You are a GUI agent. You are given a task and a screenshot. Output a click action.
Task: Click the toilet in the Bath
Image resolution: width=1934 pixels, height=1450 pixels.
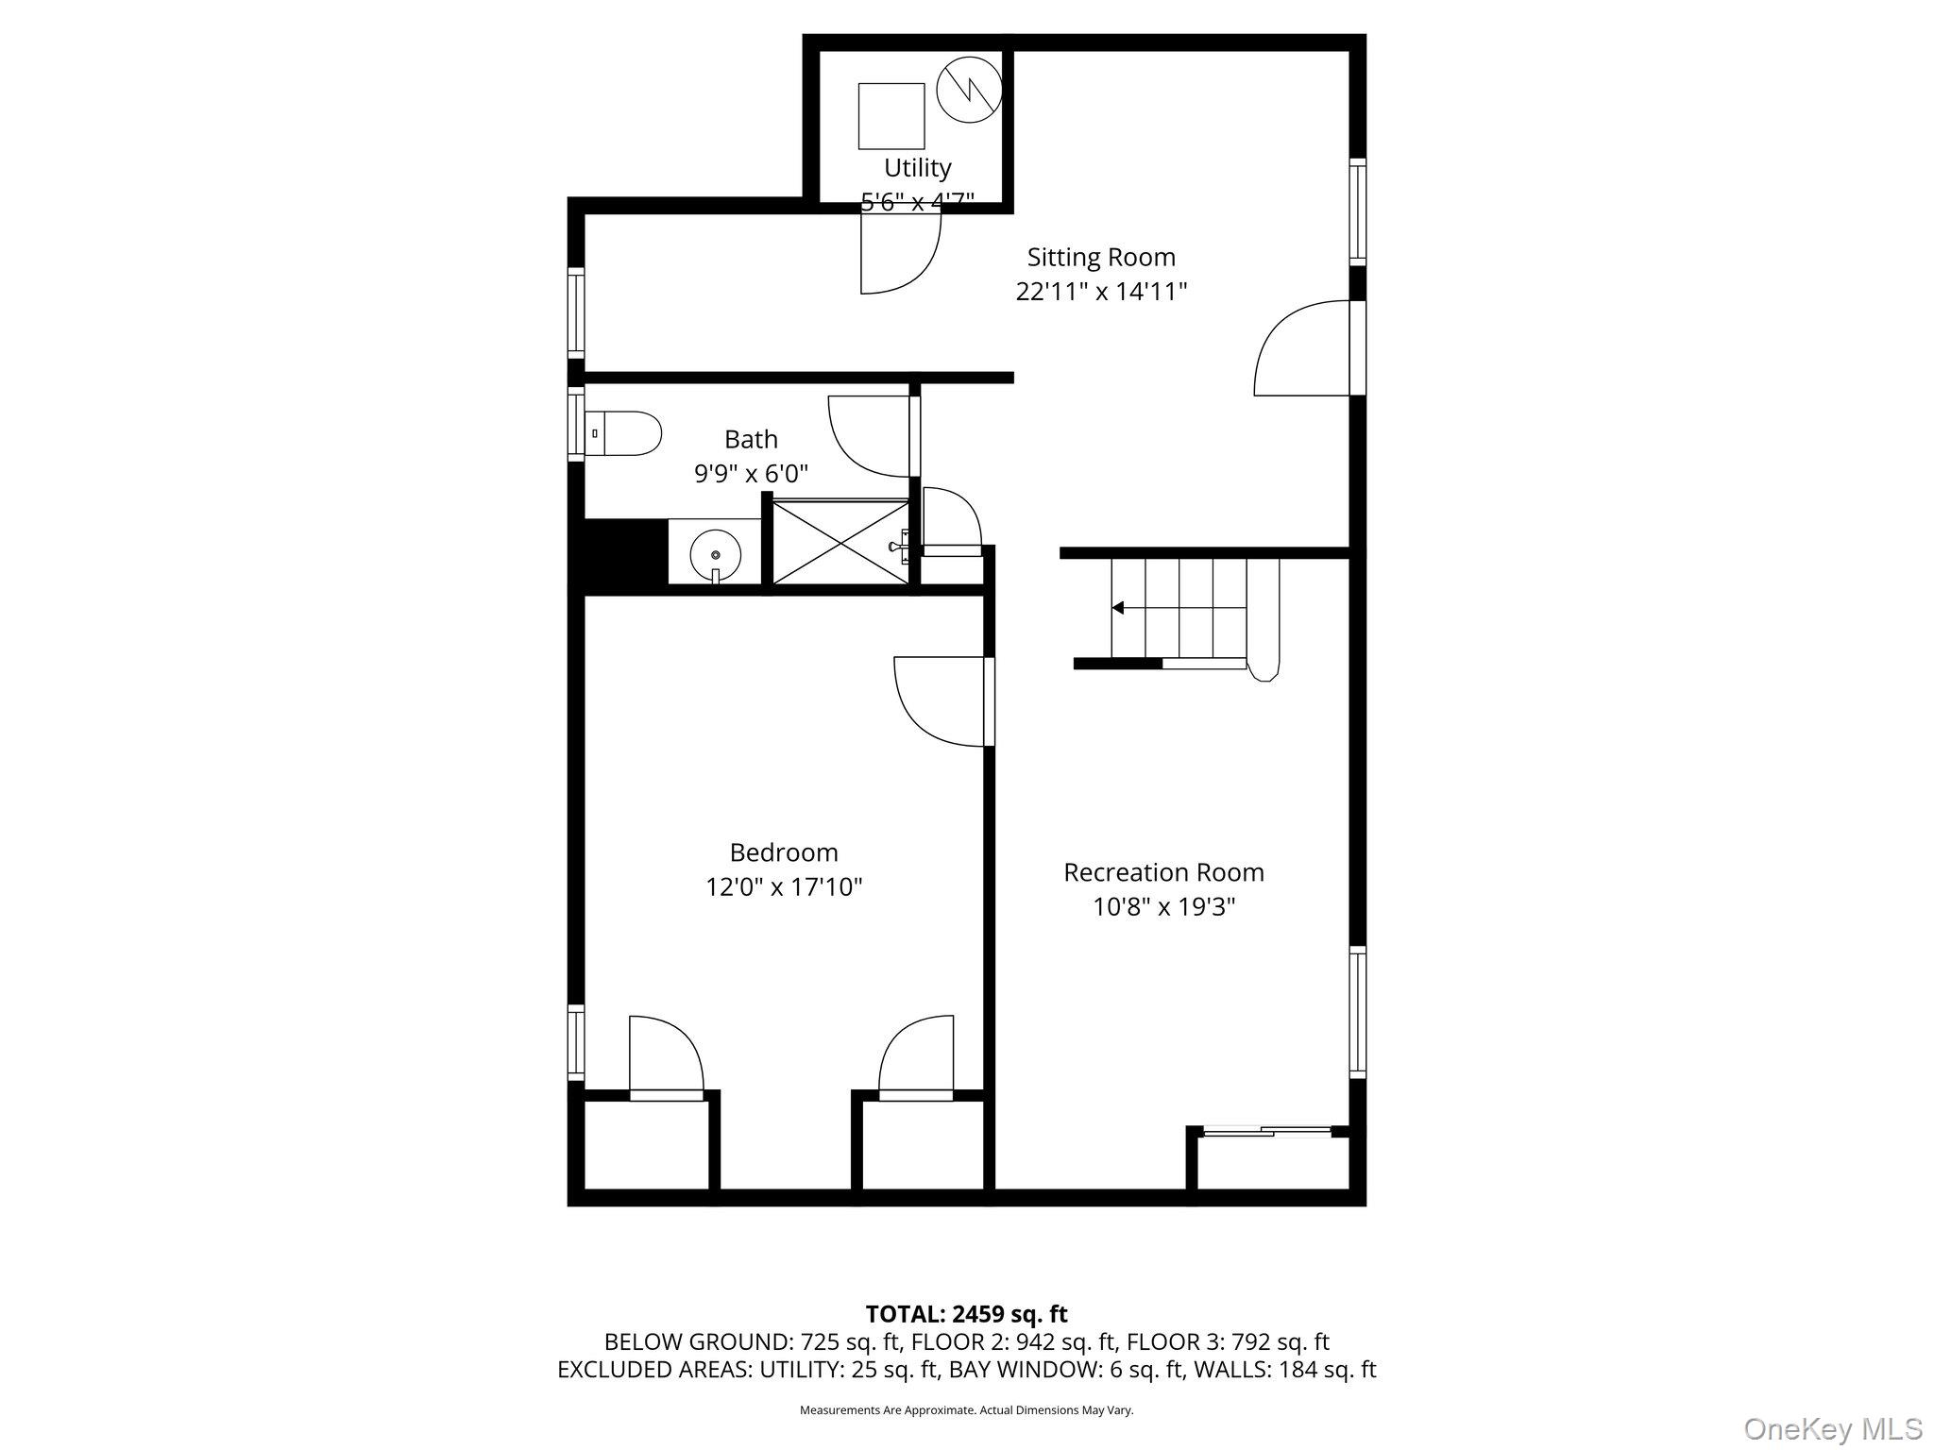pos(623,433)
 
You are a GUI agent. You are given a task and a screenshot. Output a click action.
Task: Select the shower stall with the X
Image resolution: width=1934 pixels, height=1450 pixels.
pos(840,541)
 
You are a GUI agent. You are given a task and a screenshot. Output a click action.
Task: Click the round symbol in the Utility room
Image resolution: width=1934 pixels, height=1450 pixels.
pos(968,90)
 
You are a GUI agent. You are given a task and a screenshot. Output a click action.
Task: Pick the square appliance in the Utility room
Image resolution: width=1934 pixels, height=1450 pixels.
pos(891,116)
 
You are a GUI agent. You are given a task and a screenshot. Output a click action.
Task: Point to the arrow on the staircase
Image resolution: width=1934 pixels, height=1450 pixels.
pos(1118,608)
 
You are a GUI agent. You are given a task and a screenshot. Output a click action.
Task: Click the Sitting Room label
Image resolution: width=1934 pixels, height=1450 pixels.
pos(1101,257)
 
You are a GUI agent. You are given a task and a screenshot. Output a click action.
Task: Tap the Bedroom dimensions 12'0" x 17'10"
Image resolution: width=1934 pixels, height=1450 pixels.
pos(784,887)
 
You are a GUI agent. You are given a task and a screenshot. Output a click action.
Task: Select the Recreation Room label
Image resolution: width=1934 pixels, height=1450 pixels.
pos(1163,872)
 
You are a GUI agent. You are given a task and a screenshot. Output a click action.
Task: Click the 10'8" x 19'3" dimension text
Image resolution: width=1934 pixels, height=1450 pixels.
pos(1163,907)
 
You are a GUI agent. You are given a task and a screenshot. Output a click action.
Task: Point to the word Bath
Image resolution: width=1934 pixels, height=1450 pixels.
pos(751,439)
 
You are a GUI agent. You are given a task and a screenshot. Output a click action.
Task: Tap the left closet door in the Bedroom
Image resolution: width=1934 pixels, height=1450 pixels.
pos(666,1058)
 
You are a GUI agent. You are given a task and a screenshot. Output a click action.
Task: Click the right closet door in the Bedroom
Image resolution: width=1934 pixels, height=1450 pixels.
pos(916,1058)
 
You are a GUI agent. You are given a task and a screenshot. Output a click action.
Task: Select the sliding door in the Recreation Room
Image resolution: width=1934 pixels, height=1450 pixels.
pos(1268,1130)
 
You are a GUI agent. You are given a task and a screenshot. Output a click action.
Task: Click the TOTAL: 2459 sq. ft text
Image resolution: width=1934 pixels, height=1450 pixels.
pos(966,1313)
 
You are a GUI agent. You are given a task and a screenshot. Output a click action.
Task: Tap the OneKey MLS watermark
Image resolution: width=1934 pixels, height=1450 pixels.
pos(1832,1428)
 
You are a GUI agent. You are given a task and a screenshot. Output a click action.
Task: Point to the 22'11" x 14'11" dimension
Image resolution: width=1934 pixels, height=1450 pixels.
pos(1101,292)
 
